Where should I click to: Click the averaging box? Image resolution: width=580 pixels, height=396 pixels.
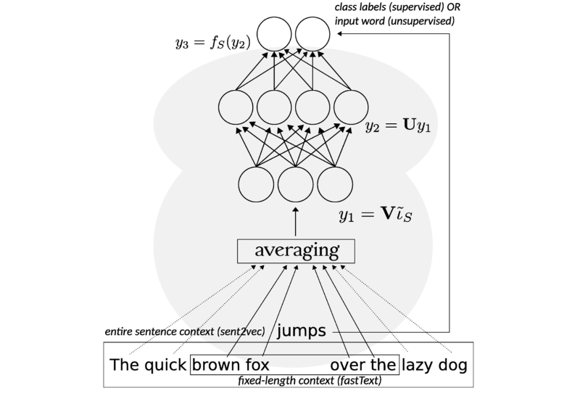(296, 251)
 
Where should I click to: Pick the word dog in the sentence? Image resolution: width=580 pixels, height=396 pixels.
(453, 363)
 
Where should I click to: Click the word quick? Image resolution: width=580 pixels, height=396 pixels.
(165, 363)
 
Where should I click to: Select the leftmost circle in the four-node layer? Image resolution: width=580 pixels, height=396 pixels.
(236, 109)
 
